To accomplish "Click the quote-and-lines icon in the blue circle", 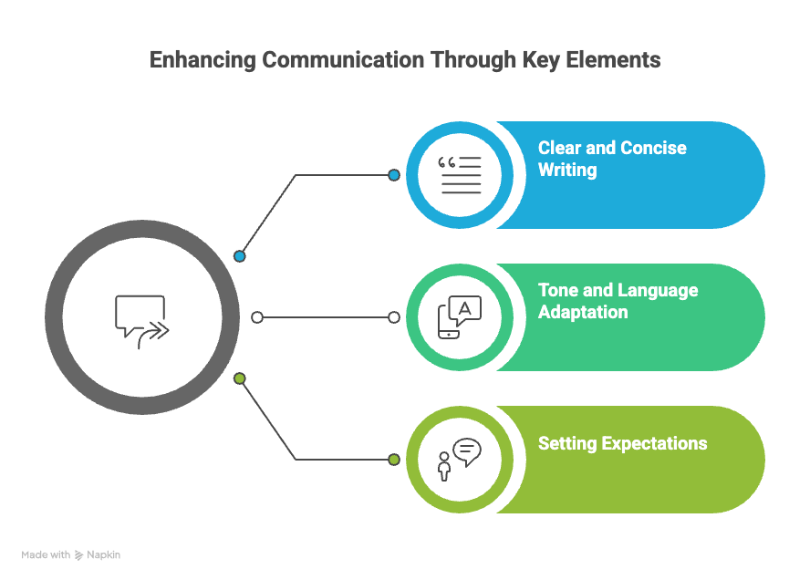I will [x=459, y=175].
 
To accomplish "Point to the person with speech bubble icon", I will [x=459, y=459].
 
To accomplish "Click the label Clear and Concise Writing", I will [x=611, y=159].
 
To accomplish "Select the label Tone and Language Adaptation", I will [x=618, y=301].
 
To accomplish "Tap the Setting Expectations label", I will [x=622, y=444].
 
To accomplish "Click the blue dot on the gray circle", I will [x=240, y=256].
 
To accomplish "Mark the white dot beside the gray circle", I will [x=257, y=317].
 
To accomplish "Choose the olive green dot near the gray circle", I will [x=240, y=378].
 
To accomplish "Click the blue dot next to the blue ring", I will [x=394, y=175].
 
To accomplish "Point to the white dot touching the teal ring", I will [x=394, y=317].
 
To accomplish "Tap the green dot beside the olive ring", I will [x=394, y=460].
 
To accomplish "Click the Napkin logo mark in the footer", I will [x=79, y=554].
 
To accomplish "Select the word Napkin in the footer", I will [x=103, y=554].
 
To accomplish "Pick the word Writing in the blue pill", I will [x=567, y=170].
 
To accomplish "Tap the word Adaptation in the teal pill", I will [x=583, y=312].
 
